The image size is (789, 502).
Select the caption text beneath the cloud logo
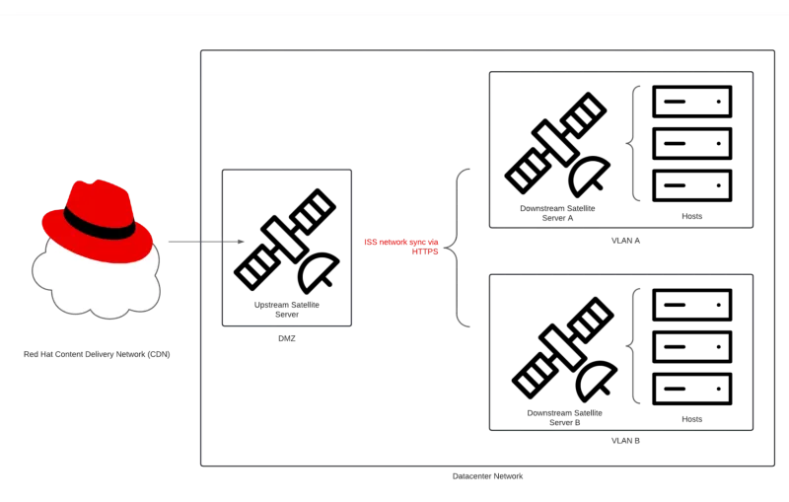point(98,354)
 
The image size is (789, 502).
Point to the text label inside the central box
point(287,309)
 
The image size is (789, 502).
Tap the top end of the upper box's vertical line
point(638,84)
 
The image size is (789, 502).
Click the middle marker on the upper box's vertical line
point(630,143)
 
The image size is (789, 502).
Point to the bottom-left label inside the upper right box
point(557,211)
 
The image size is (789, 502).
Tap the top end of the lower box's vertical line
point(638,288)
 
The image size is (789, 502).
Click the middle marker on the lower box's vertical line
point(630,347)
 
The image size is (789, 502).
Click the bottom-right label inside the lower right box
point(690,418)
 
